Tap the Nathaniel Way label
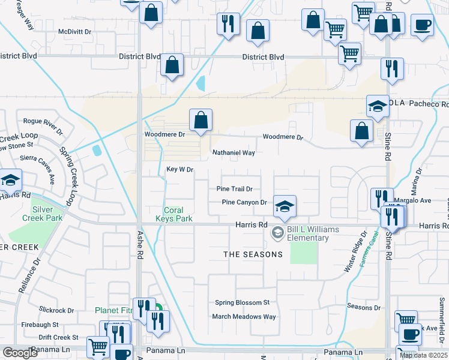234,153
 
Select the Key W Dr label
179,170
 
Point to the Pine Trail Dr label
238,189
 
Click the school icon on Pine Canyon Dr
285,206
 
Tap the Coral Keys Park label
178,215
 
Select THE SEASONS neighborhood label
253,254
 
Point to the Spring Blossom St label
243,303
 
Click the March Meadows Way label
244,317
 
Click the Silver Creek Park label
47,214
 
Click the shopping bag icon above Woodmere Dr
200,120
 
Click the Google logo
20,353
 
